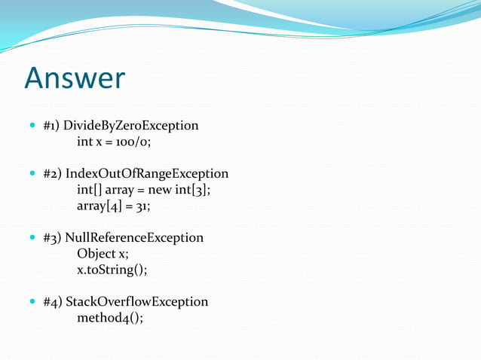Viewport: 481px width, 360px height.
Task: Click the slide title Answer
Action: click(x=74, y=78)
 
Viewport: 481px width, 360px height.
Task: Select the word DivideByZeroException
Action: click(x=131, y=125)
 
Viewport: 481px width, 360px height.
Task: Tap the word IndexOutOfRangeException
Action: click(x=146, y=173)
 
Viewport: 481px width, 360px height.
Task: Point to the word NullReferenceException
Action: click(x=134, y=237)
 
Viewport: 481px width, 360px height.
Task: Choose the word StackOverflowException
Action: click(x=136, y=301)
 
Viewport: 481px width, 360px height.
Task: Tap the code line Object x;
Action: click(x=103, y=253)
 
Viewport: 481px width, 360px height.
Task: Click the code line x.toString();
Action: click(x=112, y=270)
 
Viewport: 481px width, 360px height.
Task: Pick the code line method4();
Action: click(x=109, y=317)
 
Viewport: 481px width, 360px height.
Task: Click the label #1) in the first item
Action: click(x=52, y=125)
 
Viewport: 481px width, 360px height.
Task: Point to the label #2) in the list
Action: click(x=52, y=173)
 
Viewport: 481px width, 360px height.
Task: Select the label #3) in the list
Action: click(x=52, y=237)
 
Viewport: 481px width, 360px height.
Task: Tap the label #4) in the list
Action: click(x=53, y=301)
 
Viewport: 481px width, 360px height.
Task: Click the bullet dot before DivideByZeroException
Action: click(x=30, y=125)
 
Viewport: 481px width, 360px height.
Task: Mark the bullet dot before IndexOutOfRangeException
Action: click(x=30, y=173)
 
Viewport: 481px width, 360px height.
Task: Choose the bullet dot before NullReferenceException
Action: click(x=30, y=237)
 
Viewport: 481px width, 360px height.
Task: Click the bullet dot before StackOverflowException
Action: click(x=30, y=301)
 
